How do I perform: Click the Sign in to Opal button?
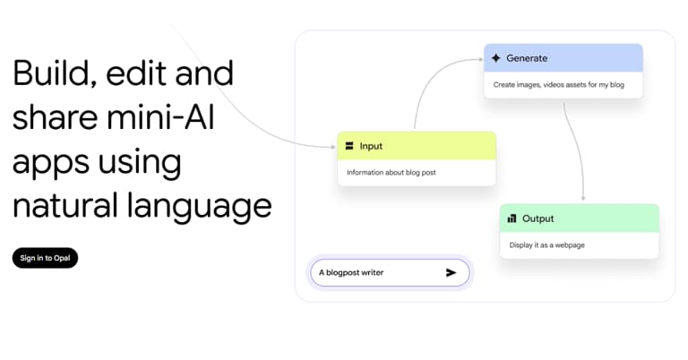45,258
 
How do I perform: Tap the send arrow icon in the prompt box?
451,272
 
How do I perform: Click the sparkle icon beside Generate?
495,58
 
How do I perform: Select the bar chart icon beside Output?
512,218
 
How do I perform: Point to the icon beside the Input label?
349,145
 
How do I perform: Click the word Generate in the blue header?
527,58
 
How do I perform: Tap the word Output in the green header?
538,218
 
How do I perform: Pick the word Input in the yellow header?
371,145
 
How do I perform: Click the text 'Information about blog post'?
391,172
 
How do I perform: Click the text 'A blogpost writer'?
351,272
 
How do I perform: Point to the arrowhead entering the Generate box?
480,59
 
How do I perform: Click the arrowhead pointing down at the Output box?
583,198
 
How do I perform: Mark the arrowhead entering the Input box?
332,145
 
